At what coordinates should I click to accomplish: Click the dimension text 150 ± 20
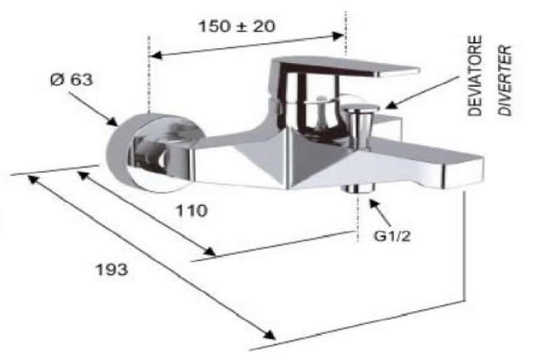237,26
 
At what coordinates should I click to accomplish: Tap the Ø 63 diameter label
72,80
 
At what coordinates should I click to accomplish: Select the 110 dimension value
192,211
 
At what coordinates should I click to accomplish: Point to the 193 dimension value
112,270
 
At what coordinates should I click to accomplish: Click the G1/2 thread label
392,236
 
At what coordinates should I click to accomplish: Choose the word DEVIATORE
475,76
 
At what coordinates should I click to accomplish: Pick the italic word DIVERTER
505,80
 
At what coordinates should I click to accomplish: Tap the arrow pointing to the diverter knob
421,93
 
